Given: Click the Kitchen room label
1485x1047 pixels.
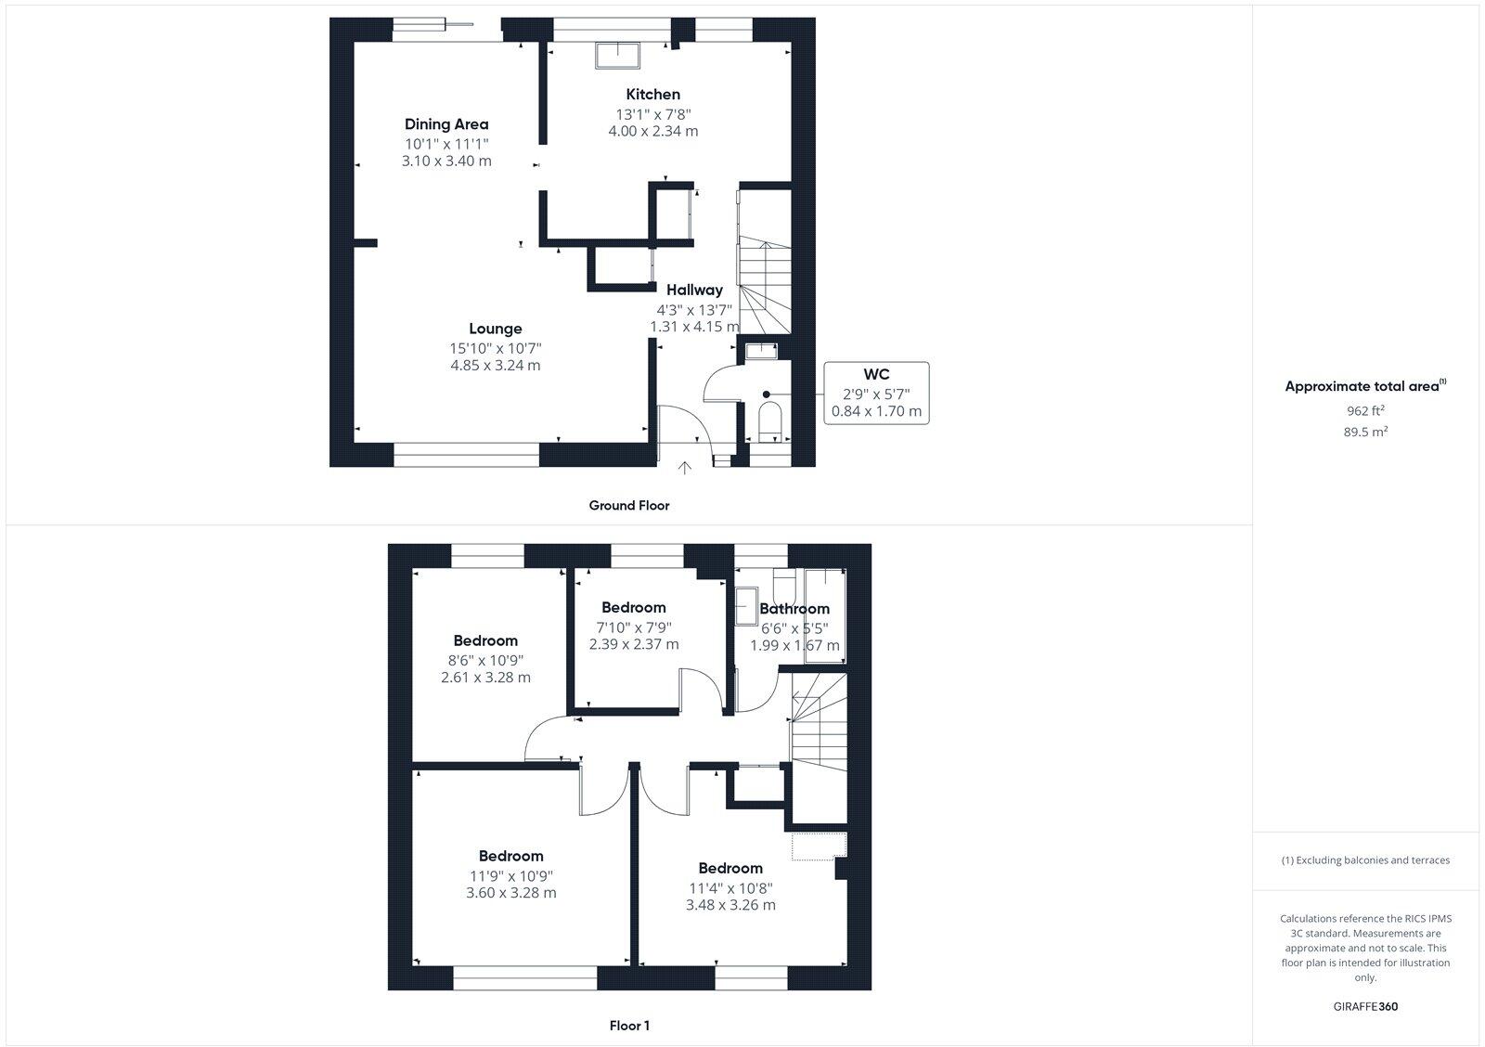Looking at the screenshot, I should (x=652, y=94).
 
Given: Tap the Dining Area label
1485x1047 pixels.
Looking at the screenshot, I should (x=446, y=123).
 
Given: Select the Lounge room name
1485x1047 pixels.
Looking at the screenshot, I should (x=496, y=329).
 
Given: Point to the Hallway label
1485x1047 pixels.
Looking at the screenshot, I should (x=694, y=290).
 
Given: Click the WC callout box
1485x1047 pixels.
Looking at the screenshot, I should (x=876, y=393).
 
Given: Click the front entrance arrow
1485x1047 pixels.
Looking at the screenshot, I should (x=685, y=469).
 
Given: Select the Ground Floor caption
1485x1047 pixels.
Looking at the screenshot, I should (x=628, y=506).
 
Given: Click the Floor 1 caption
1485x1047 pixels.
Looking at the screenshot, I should (x=629, y=1026).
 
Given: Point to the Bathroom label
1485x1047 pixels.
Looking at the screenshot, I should (x=794, y=609).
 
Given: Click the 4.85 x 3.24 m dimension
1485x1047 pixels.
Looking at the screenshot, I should (x=496, y=365).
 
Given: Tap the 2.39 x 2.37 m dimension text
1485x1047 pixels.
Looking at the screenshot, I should (x=634, y=644).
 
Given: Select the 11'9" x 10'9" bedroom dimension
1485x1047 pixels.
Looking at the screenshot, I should (x=511, y=875).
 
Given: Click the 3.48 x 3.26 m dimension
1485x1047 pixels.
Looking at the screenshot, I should (x=730, y=905).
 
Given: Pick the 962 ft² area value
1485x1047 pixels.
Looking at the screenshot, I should (x=1365, y=410).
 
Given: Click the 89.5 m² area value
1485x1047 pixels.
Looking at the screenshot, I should (x=1365, y=432).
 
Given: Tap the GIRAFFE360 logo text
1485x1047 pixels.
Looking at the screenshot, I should (x=1365, y=1006).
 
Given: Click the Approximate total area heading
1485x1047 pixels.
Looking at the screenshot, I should (x=1364, y=386).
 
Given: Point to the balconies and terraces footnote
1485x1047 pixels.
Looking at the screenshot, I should (x=1365, y=860).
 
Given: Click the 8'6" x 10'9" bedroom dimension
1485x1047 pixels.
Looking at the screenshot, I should (x=485, y=660).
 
